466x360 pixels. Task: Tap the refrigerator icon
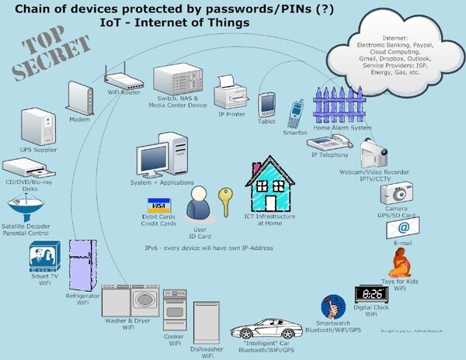(82, 266)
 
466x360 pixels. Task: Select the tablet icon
(268, 103)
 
